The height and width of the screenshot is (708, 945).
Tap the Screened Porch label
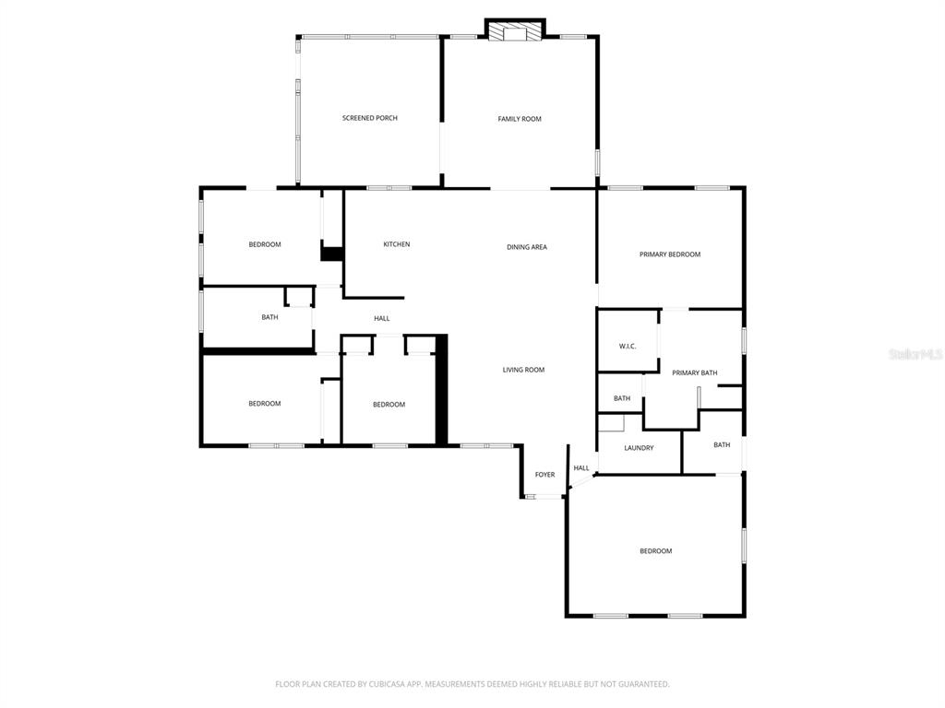(x=370, y=118)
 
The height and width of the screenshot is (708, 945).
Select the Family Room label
(x=520, y=119)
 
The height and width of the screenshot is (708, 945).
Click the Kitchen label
(x=397, y=244)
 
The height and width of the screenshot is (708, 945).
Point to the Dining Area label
(x=527, y=247)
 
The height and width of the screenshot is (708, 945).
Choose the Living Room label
(x=523, y=370)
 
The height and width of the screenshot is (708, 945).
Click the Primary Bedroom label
(x=670, y=254)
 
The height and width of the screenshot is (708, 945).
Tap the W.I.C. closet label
(x=628, y=346)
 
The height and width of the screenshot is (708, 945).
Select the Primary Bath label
(x=695, y=372)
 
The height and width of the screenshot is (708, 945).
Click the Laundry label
(x=639, y=448)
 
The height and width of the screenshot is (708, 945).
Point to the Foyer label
(x=545, y=475)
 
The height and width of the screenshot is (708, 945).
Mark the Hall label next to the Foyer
(x=581, y=468)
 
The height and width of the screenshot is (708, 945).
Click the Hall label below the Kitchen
(x=382, y=319)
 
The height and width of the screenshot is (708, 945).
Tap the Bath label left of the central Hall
(x=269, y=317)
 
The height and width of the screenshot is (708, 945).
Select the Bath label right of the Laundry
(x=722, y=444)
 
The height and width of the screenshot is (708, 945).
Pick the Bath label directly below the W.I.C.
(x=622, y=398)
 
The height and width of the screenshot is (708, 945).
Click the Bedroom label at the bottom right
(x=656, y=551)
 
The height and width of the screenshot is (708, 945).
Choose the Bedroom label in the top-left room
(x=265, y=244)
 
